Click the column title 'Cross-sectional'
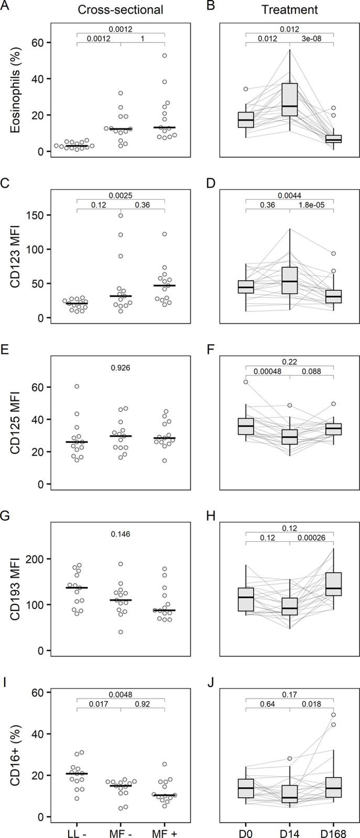121,9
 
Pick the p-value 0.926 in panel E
121,368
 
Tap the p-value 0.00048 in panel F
267,372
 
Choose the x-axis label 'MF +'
164,829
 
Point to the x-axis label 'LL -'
77,829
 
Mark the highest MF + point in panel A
164,56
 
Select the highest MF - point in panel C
121,215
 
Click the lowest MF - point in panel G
121,632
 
